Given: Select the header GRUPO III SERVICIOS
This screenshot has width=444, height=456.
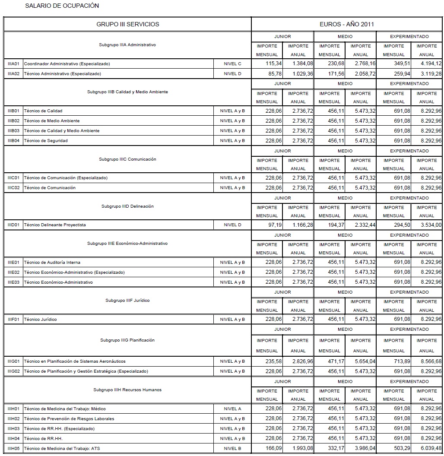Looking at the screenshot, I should pyautogui.click(x=127, y=24).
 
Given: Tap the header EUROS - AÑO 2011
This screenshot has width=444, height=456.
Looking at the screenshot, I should pyautogui.click(x=347, y=24).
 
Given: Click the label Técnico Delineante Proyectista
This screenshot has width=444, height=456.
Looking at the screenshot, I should pyautogui.click(x=55, y=225).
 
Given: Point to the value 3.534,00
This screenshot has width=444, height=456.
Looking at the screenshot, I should pyautogui.click(x=431, y=225).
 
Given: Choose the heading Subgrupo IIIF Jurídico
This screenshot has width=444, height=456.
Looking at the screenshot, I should pyautogui.click(x=127, y=301).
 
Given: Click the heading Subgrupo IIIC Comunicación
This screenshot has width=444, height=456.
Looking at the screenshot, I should pyautogui.click(x=127, y=159).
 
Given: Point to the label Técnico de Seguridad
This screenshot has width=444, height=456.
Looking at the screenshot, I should pyautogui.click(x=46, y=140).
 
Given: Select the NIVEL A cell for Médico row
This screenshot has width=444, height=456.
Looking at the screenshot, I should pyautogui.click(x=232, y=408).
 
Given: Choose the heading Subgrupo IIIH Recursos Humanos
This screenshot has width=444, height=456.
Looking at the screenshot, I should pyautogui.click(x=127, y=390).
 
